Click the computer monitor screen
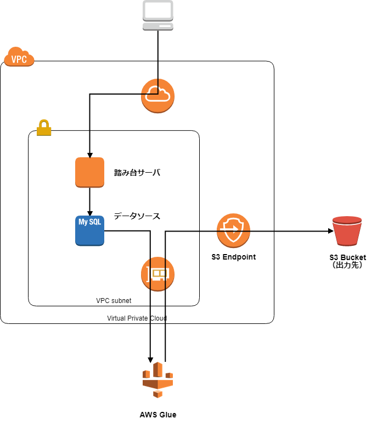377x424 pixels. point(158,10)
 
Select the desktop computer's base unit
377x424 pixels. point(158,26)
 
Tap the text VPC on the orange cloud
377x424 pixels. point(19,59)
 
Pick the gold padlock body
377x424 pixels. point(44,130)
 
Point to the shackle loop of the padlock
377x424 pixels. point(44,123)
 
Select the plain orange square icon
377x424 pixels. point(89,172)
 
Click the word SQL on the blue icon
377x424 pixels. point(95,222)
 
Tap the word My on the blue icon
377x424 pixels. point(83,222)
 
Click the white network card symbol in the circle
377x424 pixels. point(159,273)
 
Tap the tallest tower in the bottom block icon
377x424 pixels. point(158,370)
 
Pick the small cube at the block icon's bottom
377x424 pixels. point(157,394)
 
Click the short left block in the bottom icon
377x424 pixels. point(147,375)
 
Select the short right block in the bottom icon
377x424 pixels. point(169,375)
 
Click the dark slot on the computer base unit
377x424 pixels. point(165,26)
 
